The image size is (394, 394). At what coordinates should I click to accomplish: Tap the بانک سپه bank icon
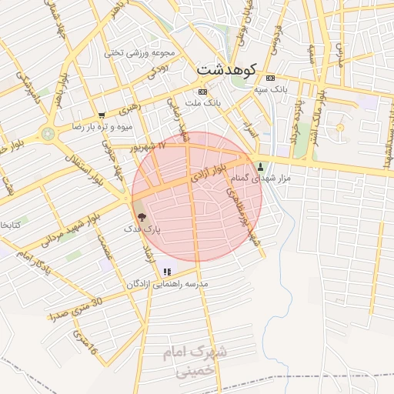coord(269,78)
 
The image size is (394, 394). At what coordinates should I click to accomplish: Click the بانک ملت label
coord(205,102)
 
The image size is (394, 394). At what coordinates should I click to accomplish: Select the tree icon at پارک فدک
coord(139,218)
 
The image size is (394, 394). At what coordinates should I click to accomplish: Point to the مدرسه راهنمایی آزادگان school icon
coord(167,272)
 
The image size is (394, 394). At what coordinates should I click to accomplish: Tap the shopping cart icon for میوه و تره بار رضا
coord(101,115)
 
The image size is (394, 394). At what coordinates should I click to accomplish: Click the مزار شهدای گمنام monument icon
coord(260,166)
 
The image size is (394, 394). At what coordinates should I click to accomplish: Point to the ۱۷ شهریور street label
coord(147,145)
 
